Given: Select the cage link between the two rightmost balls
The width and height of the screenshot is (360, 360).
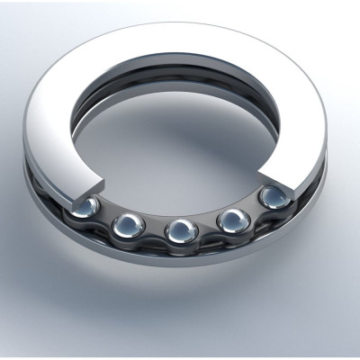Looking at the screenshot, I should [253, 209].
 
